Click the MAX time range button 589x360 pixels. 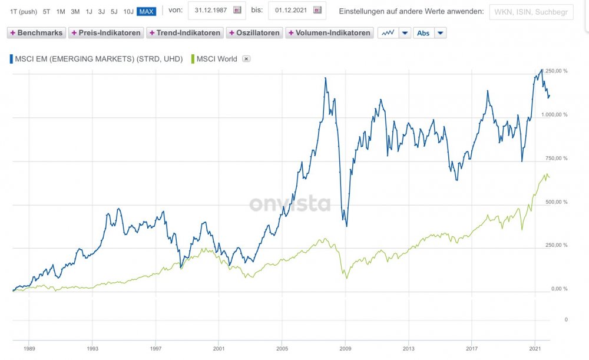click(x=146, y=11)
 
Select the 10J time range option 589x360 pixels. click(x=128, y=11)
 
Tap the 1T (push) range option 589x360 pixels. click(x=24, y=11)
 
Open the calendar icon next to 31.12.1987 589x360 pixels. click(x=237, y=11)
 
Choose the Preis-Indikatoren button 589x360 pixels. click(x=106, y=33)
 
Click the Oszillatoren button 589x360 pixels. click(x=254, y=33)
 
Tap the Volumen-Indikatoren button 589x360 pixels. click(x=329, y=33)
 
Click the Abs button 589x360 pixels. click(x=423, y=33)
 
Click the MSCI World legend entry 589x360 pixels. click(x=217, y=58)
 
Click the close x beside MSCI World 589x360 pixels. click(x=247, y=58)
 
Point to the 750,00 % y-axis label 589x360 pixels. click(x=555, y=158)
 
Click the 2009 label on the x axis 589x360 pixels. click(x=346, y=348)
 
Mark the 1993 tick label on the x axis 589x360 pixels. click(x=92, y=348)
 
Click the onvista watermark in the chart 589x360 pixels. click(x=289, y=203)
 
